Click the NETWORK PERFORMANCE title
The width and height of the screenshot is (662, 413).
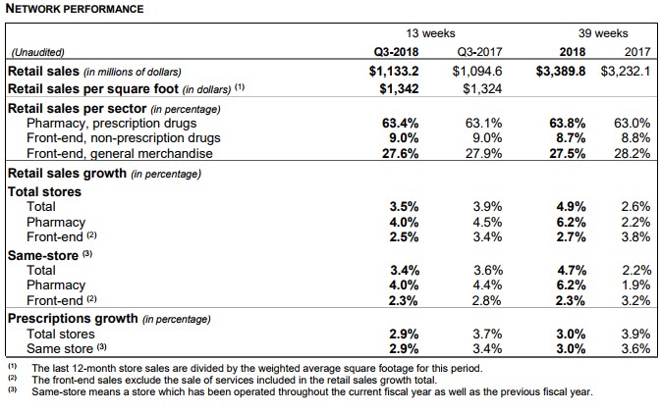point(76,9)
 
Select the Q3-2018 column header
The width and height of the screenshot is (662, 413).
point(397,53)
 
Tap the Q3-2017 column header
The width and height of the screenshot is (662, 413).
point(480,53)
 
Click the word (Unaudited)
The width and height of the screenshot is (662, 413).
point(37,53)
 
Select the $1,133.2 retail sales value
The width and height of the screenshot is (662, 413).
point(393,71)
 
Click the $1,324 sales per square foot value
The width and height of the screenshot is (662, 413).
point(482,89)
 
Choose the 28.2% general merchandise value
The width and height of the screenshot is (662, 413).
point(631,153)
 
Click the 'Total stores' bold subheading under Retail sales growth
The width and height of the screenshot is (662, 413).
point(44,191)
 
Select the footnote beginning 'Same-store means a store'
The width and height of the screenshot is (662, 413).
point(311,391)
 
